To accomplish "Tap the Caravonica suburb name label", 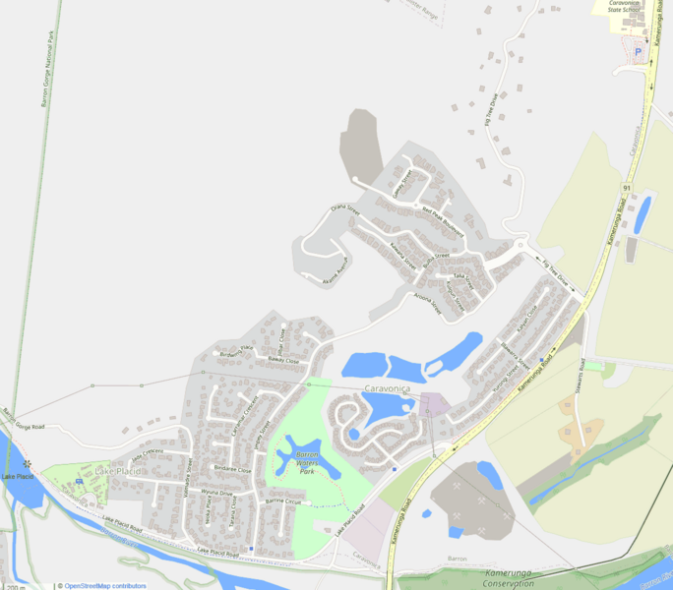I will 392,390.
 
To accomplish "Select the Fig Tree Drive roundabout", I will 520,246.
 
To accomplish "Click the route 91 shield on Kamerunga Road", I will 626,186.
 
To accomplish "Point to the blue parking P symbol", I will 638,52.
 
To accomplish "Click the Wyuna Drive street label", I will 216,491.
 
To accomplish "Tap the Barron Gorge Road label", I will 24,420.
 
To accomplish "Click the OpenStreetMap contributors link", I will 105,586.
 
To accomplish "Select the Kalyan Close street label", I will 526,318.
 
